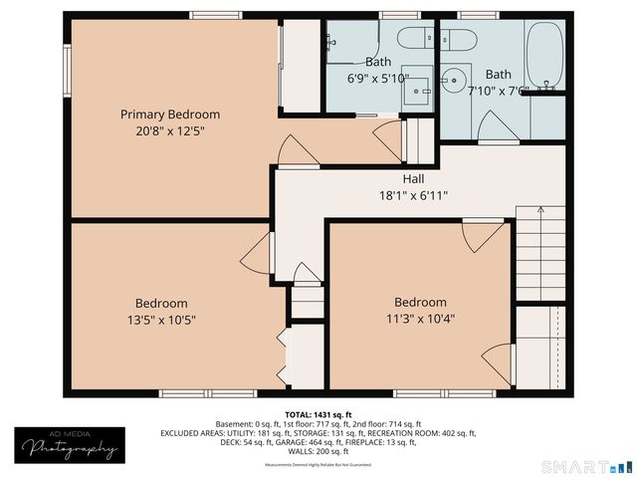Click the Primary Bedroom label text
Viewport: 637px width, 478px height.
click(x=170, y=115)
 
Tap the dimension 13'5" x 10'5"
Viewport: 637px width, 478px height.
click(x=161, y=320)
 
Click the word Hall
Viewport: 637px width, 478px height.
click(x=414, y=180)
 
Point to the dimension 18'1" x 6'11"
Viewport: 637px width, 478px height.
click(x=414, y=196)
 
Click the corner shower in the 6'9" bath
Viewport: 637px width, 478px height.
click(x=348, y=45)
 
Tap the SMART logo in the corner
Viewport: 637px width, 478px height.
click(x=586, y=466)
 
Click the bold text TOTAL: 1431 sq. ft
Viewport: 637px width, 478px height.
click(x=318, y=414)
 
